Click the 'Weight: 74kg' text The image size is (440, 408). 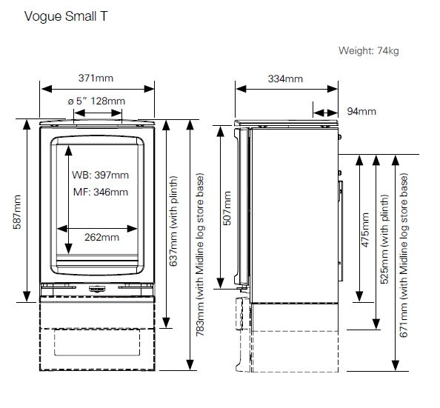(368, 51)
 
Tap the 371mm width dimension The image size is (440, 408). (97, 77)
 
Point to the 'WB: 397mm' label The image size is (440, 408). (100, 175)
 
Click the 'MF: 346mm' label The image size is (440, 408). (100, 192)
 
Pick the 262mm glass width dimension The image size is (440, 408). (100, 238)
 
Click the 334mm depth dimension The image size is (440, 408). (284, 78)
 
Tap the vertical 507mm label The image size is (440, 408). (227, 208)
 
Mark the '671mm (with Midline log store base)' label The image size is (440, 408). (404, 255)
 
